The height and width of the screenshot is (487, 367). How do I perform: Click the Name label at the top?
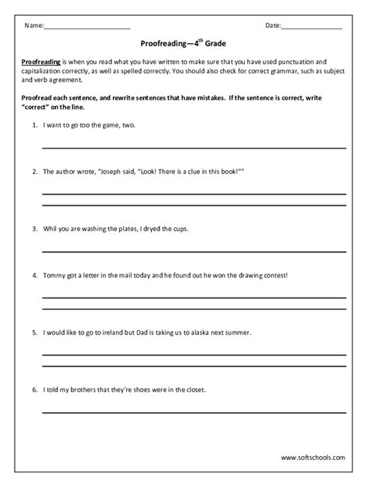click(x=33, y=26)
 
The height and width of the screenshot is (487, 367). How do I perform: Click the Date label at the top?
click(x=273, y=26)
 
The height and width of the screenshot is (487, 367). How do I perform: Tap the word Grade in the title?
click(x=212, y=46)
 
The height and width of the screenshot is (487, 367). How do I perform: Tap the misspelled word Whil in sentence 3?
click(x=51, y=229)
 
